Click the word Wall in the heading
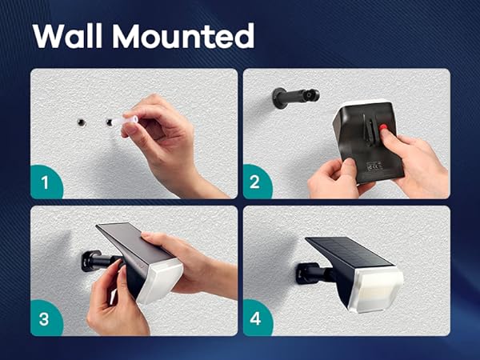(x=67, y=35)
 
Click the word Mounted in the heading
(x=183, y=35)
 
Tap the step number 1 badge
(x=46, y=182)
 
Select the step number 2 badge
(x=255, y=182)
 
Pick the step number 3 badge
(x=44, y=319)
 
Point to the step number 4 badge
(x=256, y=318)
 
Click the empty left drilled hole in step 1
(x=82, y=122)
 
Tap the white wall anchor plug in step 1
(x=125, y=120)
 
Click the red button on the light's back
(x=383, y=127)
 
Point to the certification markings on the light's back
(x=373, y=166)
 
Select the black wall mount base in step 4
(x=303, y=273)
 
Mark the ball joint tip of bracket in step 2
(x=313, y=95)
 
